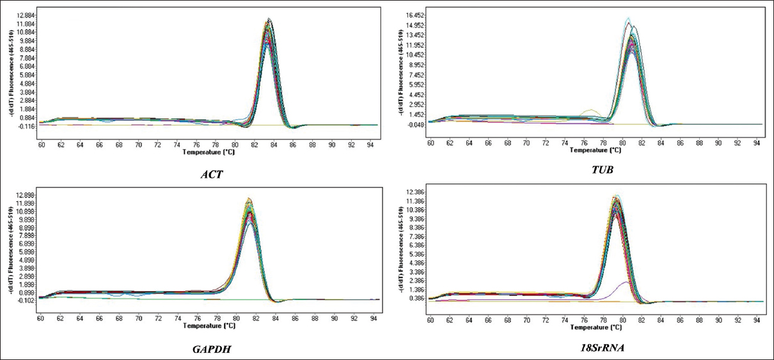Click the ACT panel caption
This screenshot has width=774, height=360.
click(x=212, y=174)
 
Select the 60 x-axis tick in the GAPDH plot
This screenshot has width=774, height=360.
click(x=40, y=318)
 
